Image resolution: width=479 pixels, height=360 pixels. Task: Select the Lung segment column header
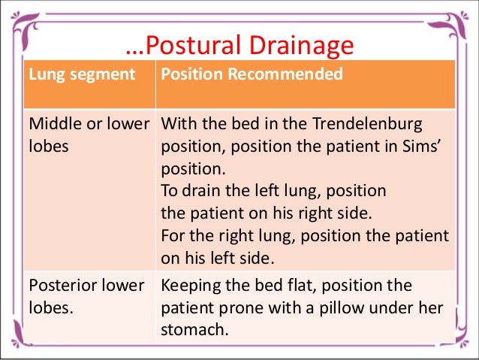point(82,75)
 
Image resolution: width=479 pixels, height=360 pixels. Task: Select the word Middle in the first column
point(53,123)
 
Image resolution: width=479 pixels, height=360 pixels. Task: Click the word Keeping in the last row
point(191,286)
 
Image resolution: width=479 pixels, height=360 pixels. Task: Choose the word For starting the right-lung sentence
point(173,236)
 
